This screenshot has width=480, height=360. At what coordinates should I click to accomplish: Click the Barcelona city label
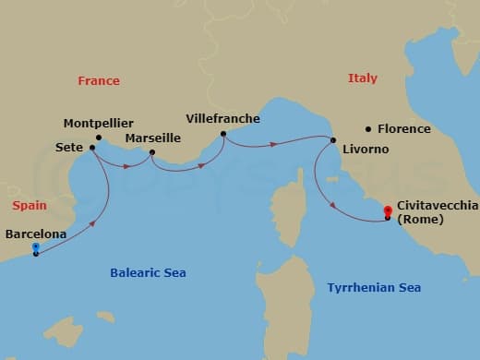pyautogui.click(x=36, y=234)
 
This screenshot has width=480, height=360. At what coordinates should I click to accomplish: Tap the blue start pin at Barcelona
pyautogui.click(x=35, y=247)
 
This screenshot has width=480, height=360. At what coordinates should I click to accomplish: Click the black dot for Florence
pyautogui.click(x=367, y=128)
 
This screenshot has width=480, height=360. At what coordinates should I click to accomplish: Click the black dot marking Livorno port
pyautogui.click(x=332, y=139)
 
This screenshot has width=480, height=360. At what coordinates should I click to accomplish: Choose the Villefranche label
pyautogui.click(x=222, y=119)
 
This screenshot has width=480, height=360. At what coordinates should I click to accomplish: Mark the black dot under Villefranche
pyautogui.click(x=223, y=134)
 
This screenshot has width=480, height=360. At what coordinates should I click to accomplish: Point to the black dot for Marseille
pyautogui.click(x=152, y=152)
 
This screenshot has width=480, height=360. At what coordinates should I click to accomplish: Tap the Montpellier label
pyautogui.click(x=99, y=123)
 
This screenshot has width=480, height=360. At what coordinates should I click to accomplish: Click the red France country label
pyautogui.click(x=99, y=81)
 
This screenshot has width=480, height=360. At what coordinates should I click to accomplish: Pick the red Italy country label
pyautogui.click(x=363, y=79)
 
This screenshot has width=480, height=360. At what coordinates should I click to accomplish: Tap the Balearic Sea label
pyautogui.click(x=148, y=272)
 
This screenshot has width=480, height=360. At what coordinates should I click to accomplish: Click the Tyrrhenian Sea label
pyautogui.click(x=374, y=288)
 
